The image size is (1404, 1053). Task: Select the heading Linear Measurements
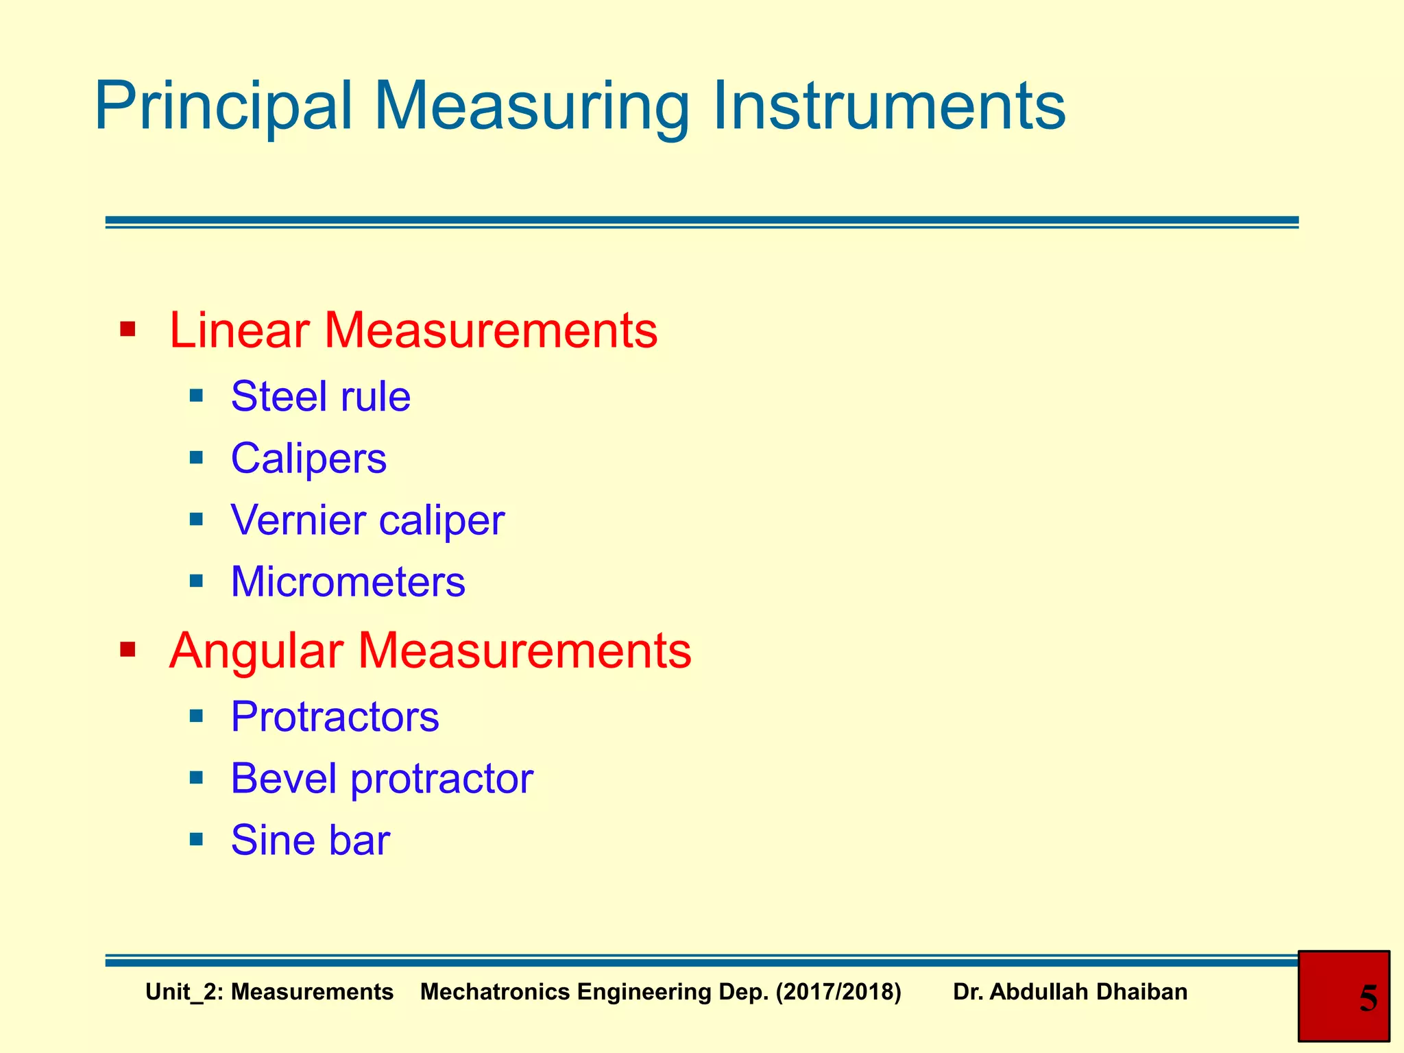coord(413,330)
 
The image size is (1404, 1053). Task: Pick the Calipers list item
coord(308,458)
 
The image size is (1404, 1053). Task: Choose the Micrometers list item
coord(348,582)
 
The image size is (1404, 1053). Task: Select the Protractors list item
coord(335,717)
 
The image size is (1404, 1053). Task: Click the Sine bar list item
coord(310,840)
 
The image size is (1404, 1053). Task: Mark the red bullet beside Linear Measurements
coord(128,329)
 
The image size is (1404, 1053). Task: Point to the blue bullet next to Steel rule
coord(197,396)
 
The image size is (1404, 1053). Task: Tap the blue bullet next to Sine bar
coord(197,838)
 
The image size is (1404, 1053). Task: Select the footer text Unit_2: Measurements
coord(269,992)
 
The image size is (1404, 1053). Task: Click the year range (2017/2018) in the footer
coord(838,992)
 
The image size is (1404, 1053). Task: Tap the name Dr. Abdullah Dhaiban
coord(1069,992)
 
